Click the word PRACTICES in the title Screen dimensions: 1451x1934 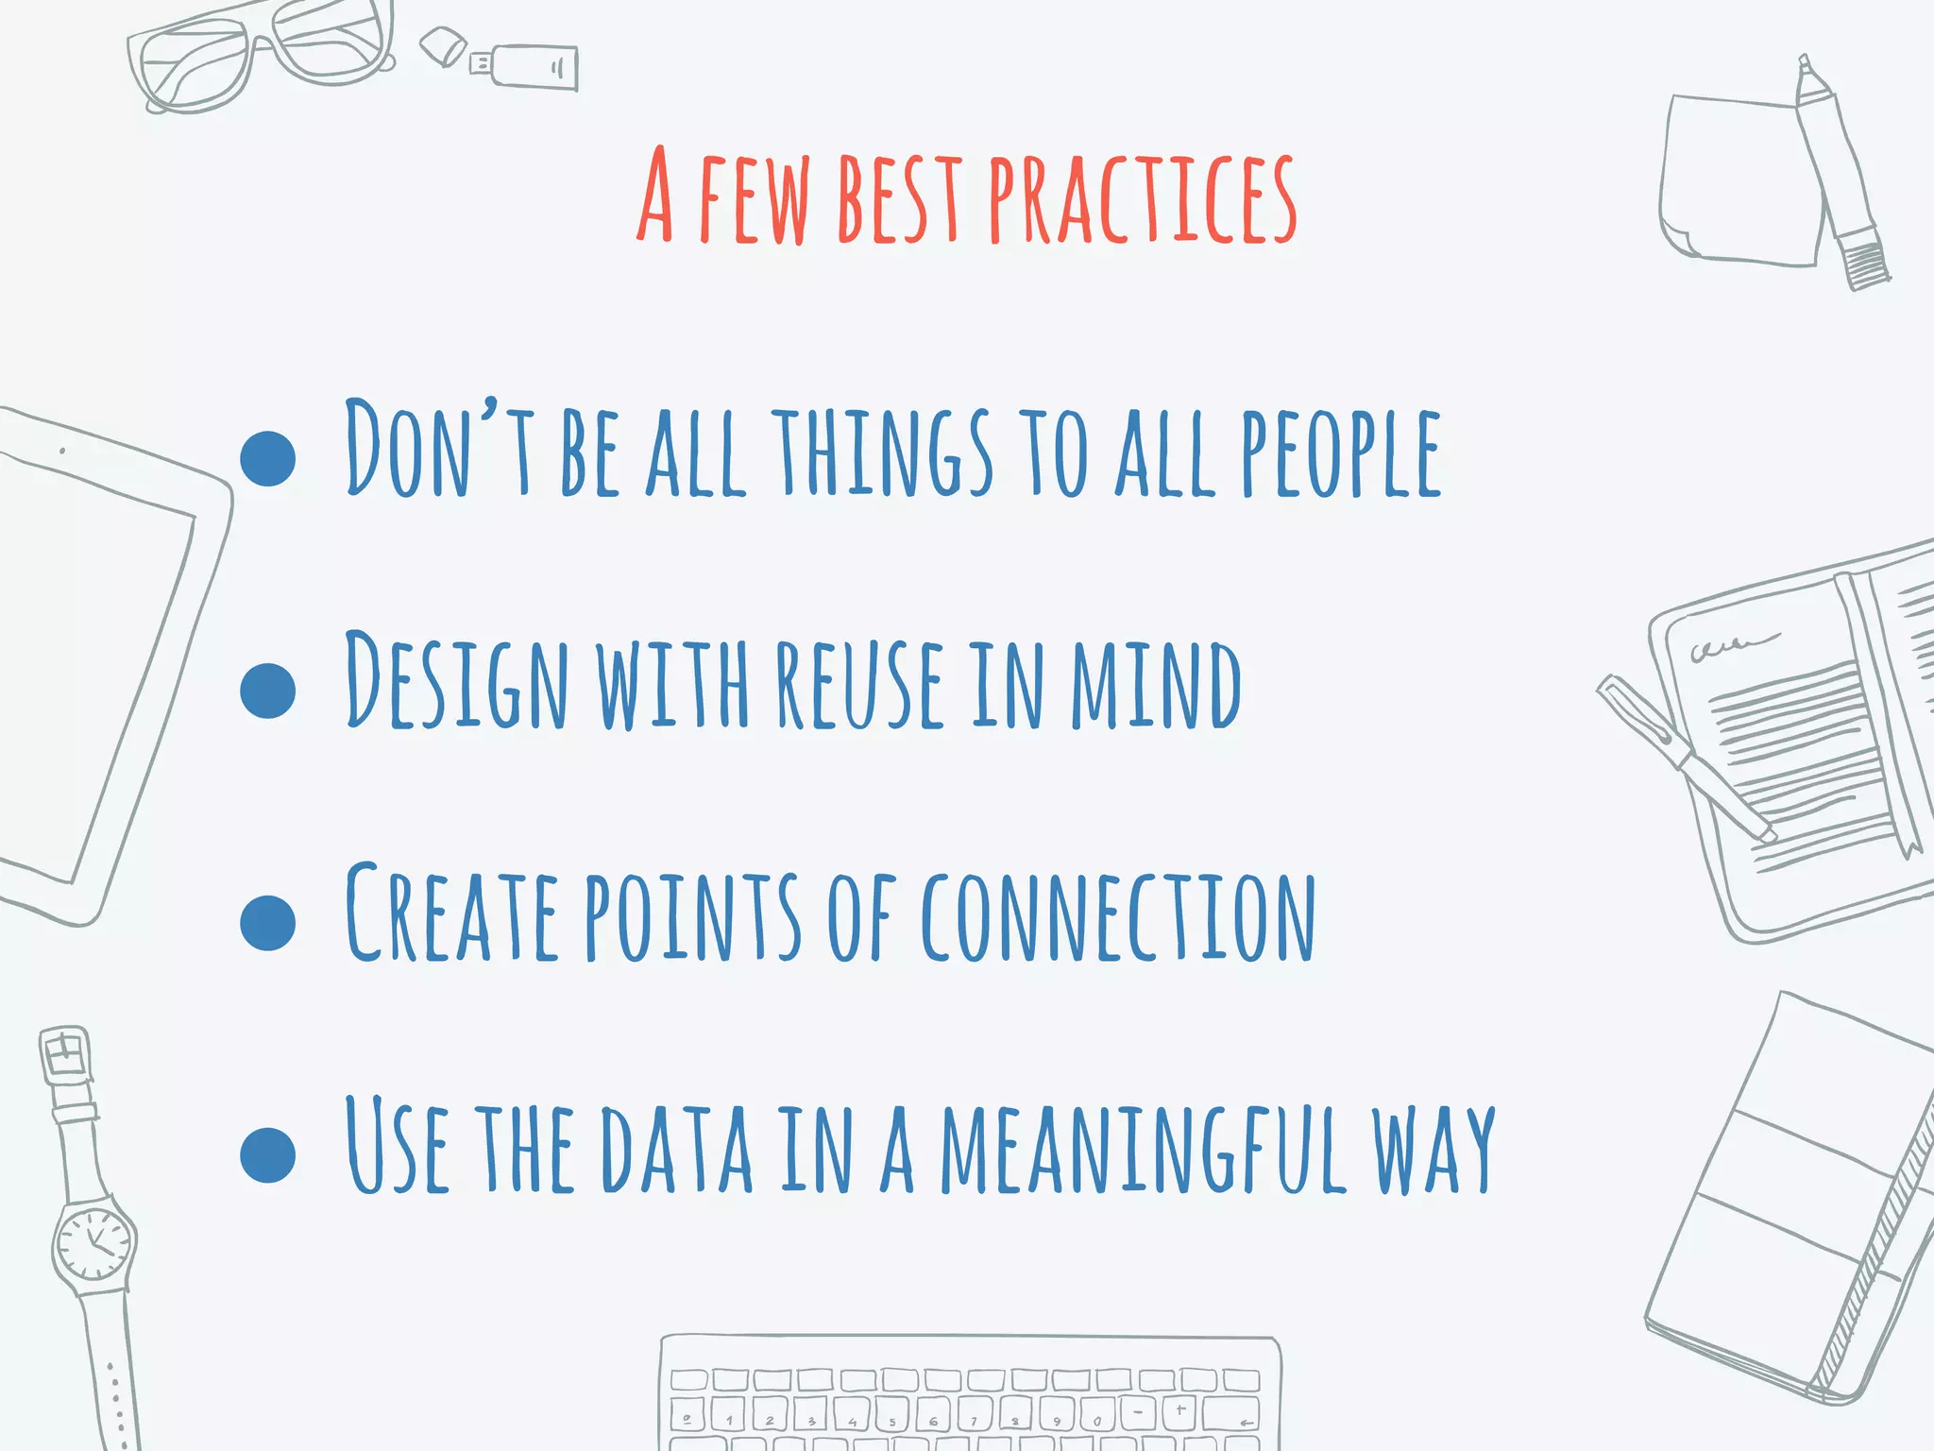coord(1143,198)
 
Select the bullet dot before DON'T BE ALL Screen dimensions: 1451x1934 coord(268,458)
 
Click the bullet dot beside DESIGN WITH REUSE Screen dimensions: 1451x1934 coord(268,691)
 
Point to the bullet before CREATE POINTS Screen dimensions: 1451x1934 coord(268,923)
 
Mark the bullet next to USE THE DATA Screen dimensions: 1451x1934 coord(268,1154)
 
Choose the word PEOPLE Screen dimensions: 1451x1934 coord(1341,453)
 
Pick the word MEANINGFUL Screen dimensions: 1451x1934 coord(1143,1148)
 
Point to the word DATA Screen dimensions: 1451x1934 coord(677,1148)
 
